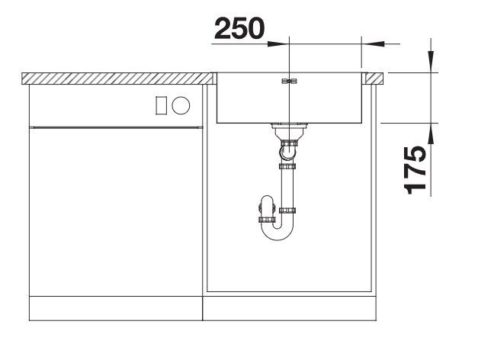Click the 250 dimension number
click(x=239, y=28)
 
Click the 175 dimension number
click(x=415, y=170)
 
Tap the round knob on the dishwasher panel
click(x=181, y=105)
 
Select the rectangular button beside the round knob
click(x=162, y=105)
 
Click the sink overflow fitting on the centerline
click(x=289, y=81)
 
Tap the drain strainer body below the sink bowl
click(x=289, y=131)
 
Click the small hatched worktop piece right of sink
click(x=374, y=78)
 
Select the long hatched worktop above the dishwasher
click(x=117, y=79)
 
